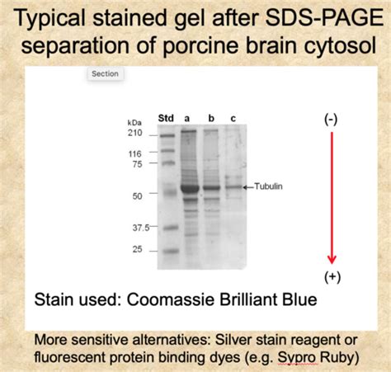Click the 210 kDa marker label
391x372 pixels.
(135, 133)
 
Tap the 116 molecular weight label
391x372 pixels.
(135, 153)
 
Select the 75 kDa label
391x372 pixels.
(137, 164)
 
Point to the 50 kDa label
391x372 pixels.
(137, 196)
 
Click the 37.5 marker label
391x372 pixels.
(141, 228)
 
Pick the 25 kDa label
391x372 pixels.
(137, 249)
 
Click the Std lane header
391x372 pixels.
(166, 118)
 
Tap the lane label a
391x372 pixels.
(187, 119)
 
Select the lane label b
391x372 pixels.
(211, 118)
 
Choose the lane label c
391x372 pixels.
(233, 119)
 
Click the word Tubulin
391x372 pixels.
(268, 186)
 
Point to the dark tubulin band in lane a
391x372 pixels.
(190, 188)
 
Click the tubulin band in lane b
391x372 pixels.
(212, 188)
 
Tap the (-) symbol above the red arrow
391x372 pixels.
(331, 120)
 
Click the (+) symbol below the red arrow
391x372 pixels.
(332, 277)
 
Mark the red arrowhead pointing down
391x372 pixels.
(332, 259)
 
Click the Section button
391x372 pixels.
(106, 73)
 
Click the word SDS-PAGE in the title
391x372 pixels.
(325, 18)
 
